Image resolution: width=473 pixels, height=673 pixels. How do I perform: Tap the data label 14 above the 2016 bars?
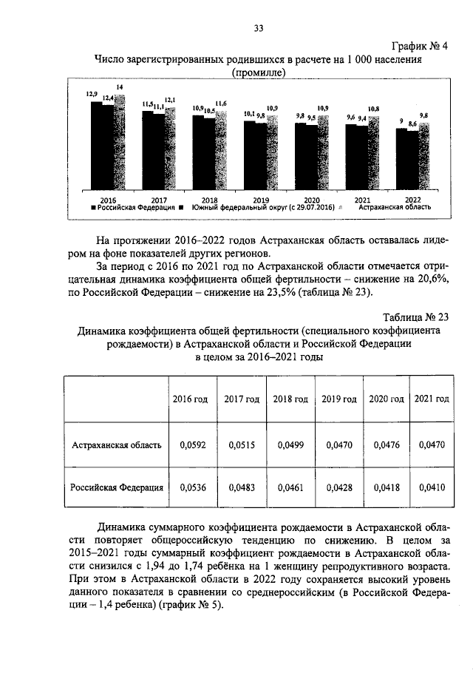(x=120, y=88)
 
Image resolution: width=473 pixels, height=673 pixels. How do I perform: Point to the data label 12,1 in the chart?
(x=169, y=100)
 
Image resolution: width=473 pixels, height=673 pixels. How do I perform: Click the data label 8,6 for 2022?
(x=412, y=126)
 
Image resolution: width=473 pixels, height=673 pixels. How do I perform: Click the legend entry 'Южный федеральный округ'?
(x=262, y=209)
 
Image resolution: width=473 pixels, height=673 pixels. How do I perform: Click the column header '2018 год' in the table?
(x=290, y=399)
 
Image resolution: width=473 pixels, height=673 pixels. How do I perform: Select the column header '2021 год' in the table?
(x=432, y=399)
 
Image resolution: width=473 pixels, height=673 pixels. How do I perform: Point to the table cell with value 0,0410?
(x=432, y=487)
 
